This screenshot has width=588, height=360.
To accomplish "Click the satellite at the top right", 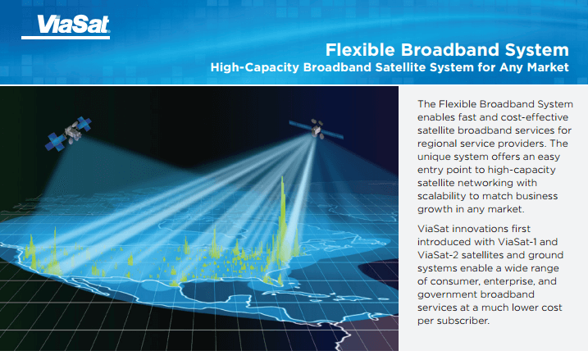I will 315,129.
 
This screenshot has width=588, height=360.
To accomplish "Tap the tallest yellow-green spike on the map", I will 284,205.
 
